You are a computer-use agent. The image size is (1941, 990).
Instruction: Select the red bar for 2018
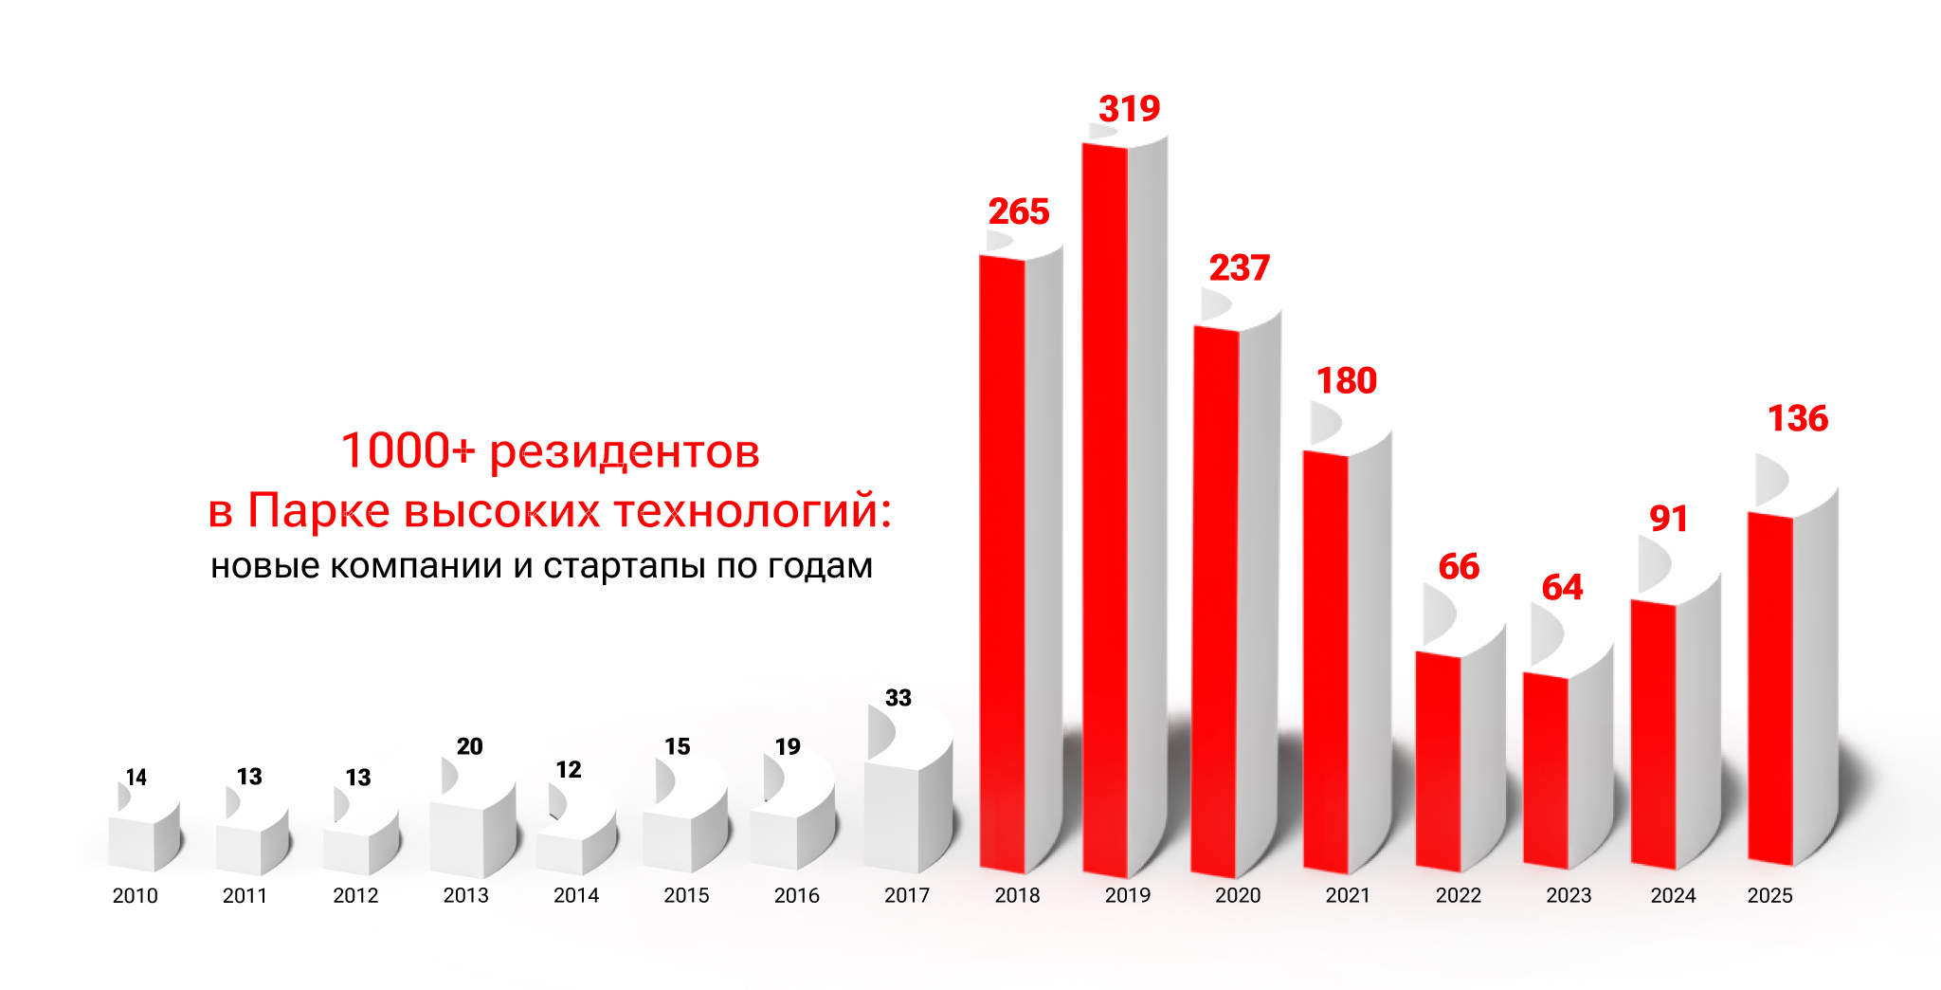pos(1003,559)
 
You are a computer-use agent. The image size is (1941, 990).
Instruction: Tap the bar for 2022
pos(1439,759)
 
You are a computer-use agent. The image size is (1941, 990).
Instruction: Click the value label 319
pos(1129,109)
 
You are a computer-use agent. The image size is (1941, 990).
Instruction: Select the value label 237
pos(1239,268)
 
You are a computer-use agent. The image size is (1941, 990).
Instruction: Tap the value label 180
pos(1346,381)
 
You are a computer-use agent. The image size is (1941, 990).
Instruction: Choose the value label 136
pos(1797,418)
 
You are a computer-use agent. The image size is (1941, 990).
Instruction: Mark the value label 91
pos(1668,519)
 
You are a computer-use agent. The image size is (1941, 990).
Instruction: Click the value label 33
pos(898,698)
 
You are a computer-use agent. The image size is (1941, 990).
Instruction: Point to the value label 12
pos(568,770)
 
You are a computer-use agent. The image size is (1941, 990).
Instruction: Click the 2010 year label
pos(135,896)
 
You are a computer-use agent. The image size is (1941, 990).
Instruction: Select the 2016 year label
pos(796,896)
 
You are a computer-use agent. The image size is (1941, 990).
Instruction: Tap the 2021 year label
pos(1347,896)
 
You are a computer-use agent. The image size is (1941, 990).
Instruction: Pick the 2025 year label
pos(1769,896)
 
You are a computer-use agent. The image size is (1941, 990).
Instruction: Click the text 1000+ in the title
pos(408,451)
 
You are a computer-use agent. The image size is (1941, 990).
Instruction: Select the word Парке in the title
pos(318,511)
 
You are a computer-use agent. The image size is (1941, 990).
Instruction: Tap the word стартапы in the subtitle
pos(625,566)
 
